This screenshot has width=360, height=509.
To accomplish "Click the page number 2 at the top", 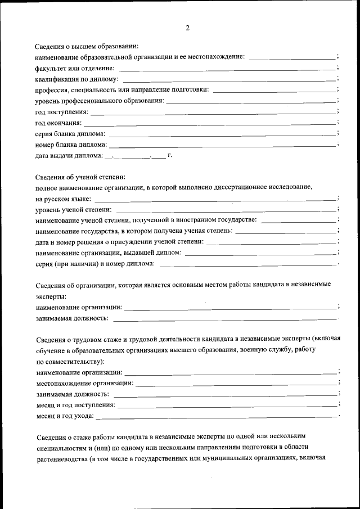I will pos(187,28).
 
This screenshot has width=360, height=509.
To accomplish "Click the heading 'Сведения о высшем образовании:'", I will pos(87,46).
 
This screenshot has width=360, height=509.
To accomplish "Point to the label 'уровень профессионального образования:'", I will pos(100,101).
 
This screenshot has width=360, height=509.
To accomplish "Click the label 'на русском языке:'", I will pos(62,199).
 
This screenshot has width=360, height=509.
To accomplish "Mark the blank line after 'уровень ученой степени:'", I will pos(226,210).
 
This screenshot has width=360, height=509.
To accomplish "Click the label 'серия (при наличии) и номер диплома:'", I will pos(94,264).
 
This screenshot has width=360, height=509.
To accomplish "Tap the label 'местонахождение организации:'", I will pos(84,383).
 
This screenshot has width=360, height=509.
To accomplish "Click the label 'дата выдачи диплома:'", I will pos(69,155).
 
